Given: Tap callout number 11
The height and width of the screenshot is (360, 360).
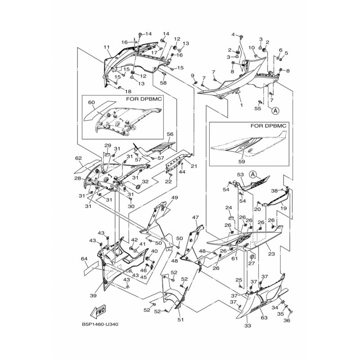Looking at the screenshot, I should (x=107, y=47).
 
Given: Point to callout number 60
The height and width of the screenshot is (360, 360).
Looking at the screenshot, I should (x=92, y=102).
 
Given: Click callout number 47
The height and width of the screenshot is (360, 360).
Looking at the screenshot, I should (x=195, y=217).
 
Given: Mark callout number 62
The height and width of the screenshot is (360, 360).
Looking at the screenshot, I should (x=78, y=158).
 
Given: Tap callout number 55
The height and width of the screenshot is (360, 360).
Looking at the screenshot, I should (x=258, y=109).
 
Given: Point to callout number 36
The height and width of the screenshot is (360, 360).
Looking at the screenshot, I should (x=287, y=320).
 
